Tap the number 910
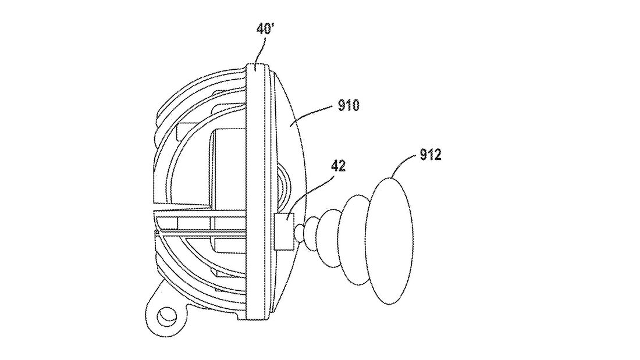coord(348,105)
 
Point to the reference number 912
coord(429,155)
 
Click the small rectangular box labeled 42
coord(285,231)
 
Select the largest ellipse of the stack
coord(390,240)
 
